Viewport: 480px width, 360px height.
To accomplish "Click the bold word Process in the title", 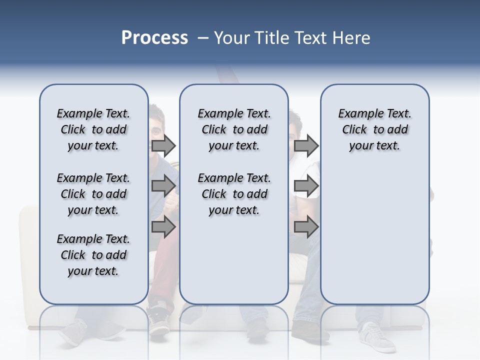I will (154, 38).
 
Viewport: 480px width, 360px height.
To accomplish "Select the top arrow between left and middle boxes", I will (163, 145).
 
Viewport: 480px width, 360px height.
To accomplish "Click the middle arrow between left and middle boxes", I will (163, 186).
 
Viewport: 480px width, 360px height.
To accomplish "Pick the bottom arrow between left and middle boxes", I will (163, 227).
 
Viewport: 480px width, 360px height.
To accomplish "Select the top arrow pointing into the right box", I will (306, 145).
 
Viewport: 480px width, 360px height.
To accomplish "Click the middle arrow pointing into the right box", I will (306, 186).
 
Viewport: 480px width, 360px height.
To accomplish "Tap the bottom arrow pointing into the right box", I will (306, 227).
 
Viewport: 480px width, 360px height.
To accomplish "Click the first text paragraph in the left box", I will (93, 129).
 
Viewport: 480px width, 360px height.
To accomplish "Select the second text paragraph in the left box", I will (93, 194).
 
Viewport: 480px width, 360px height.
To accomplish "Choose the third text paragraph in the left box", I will (93, 255).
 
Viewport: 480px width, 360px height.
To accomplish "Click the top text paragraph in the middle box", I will (234, 129).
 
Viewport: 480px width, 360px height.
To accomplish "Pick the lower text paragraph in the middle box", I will (234, 194).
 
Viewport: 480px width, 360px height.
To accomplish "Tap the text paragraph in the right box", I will (374, 129).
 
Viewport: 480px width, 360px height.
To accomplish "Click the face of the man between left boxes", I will (156, 125).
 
